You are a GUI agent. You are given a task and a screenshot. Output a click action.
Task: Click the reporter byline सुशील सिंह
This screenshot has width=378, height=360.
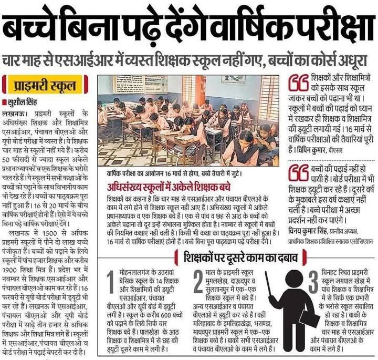point(24,101)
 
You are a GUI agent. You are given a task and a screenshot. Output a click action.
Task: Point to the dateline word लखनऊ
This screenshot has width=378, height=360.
point(14,112)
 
